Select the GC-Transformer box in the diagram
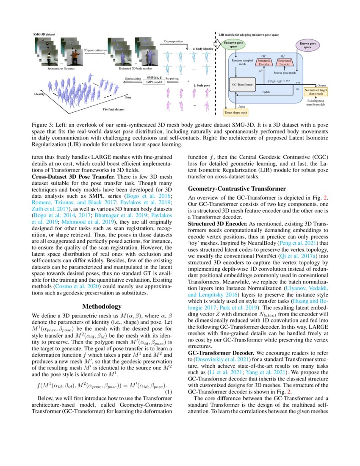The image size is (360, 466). point(243,85)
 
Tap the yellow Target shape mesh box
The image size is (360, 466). point(236,112)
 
